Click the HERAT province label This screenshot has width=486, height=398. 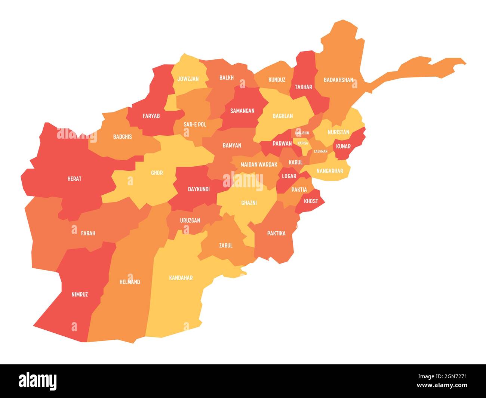tap(74, 179)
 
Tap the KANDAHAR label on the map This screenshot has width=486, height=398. tap(181, 278)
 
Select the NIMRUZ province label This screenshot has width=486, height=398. tap(80, 294)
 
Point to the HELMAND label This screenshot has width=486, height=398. tap(129, 282)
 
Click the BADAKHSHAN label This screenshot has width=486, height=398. tap(338, 80)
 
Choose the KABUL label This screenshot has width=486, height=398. tap(295, 162)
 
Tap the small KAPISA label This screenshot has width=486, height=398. tap(302, 143)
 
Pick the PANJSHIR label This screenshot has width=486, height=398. tap(302, 133)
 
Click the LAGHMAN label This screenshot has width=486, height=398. tap(320, 151)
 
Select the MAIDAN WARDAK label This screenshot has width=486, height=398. tap(259, 164)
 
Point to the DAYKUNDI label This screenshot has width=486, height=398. tap(199, 189)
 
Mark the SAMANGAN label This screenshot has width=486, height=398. tap(242, 111)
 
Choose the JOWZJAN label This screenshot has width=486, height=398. tap(188, 79)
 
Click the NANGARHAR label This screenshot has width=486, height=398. tap(329, 171)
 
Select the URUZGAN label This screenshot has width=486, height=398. tap(190, 220)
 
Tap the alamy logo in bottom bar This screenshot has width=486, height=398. tap(38, 381)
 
